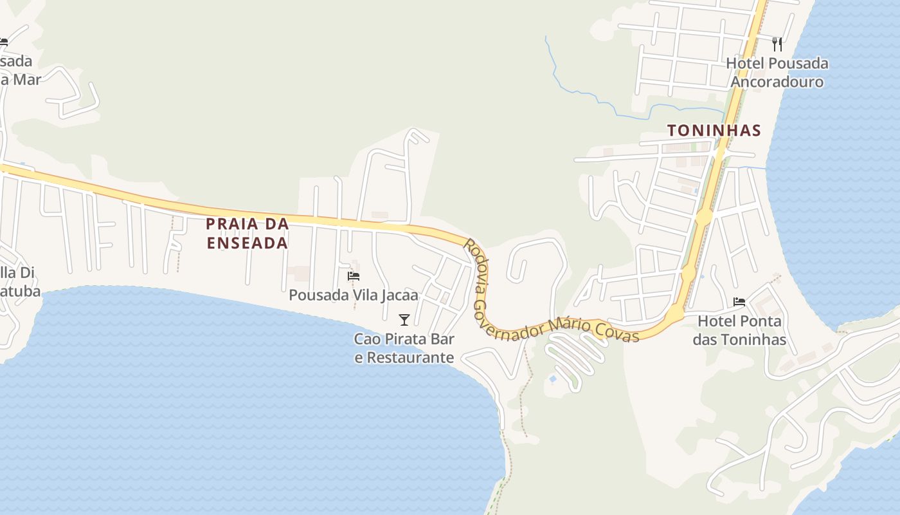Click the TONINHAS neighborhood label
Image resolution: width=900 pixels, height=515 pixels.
714,131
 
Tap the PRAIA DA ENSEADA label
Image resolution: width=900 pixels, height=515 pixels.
247,233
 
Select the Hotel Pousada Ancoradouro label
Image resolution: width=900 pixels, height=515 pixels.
777,73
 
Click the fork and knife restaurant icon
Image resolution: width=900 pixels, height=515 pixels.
777,44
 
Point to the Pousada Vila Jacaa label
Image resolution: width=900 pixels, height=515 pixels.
354,295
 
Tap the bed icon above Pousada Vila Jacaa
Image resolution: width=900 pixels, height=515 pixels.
353,276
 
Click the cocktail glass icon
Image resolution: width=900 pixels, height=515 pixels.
404,319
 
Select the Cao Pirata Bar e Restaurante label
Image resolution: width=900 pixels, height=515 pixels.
404,348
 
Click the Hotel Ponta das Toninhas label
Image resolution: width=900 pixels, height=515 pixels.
739,330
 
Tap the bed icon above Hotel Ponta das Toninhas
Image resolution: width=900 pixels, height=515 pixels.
739,301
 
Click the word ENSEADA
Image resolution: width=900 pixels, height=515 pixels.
247,243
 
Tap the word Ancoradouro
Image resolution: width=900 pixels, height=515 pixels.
777,82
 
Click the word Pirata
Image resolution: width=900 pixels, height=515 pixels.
408,339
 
